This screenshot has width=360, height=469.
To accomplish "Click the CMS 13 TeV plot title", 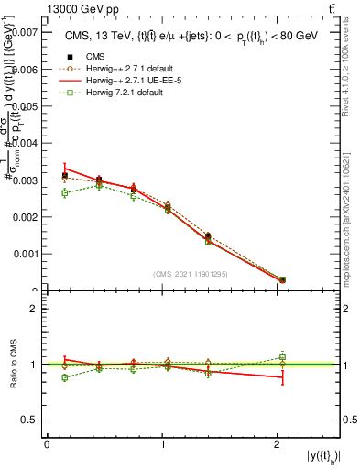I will click(x=192, y=36).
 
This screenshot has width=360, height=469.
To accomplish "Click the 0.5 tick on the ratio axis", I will click(x=32, y=420).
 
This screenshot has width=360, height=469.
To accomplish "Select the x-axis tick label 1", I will click(x=163, y=444).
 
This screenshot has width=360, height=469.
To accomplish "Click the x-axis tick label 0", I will click(x=47, y=444).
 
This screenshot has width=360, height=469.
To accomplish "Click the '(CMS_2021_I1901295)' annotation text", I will click(x=191, y=274).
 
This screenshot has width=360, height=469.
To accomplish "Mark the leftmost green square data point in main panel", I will click(x=64, y=193).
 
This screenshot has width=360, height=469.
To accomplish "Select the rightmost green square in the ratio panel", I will click(x=282, y=357).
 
